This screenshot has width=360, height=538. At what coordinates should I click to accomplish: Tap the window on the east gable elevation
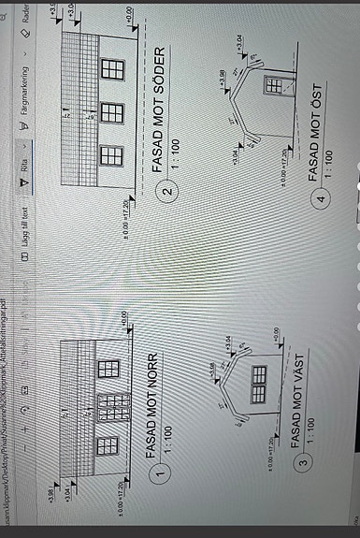coord(275,86)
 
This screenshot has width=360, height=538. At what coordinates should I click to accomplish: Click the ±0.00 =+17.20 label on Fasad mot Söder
coord(126,202)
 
